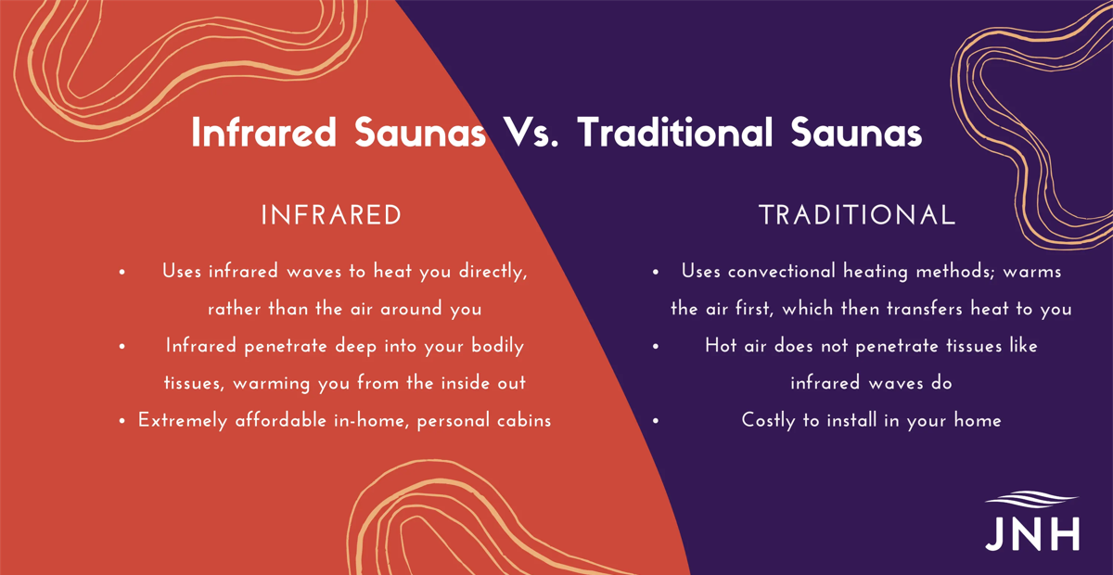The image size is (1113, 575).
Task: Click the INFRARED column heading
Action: click(x=331, y=215)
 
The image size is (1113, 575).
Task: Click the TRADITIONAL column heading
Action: click(x=857, y=215)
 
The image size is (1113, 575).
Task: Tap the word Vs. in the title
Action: click(x=531, y=133)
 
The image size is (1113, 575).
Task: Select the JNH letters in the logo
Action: click(x=1032, y=533)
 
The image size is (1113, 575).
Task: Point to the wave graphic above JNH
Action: click(x=1031, y=499)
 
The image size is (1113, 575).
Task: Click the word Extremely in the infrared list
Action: click(x=183, y=421)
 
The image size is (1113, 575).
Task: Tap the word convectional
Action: click(x=782, y=272)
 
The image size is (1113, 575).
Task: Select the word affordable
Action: click(x=281, y=420)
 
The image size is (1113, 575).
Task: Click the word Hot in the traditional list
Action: click(x=721, y=346)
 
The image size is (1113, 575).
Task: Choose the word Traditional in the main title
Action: click(x=675, y=133)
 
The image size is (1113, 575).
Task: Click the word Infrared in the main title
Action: click(x=263, y=133)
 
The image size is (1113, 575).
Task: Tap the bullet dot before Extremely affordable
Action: click(x=122, y=421)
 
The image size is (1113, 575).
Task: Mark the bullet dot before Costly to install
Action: click(x=656, y=421)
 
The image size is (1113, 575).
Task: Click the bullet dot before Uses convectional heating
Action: click(x=656, y=272)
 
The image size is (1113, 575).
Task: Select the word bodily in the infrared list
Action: click(x=498, y=346)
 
